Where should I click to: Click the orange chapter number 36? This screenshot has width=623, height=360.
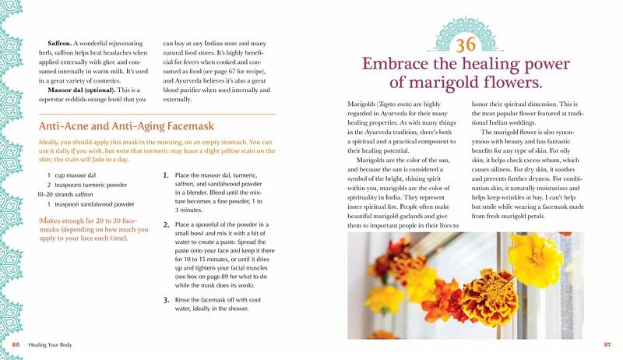click(465, 44)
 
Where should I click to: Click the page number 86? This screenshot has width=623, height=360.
click(16, 344)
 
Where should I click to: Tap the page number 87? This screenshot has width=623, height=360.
click(607, 344)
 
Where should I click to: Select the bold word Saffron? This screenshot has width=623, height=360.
click(60, 44)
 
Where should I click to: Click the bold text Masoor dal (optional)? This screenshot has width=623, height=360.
click(82, 90)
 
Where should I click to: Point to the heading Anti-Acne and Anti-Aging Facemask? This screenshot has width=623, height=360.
click(126, 126)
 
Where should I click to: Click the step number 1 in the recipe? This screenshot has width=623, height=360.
click(166, 175)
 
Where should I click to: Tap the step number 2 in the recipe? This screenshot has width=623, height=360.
click(167, 224)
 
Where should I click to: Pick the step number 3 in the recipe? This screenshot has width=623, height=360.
click(167, 300)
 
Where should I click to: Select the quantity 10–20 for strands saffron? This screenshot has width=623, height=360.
click(45, 195)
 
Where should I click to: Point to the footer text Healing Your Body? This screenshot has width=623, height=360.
click(50, 345)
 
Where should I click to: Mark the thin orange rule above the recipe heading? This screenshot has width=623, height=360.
click(157, 115)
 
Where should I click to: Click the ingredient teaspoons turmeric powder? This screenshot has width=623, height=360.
click(91, 185)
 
